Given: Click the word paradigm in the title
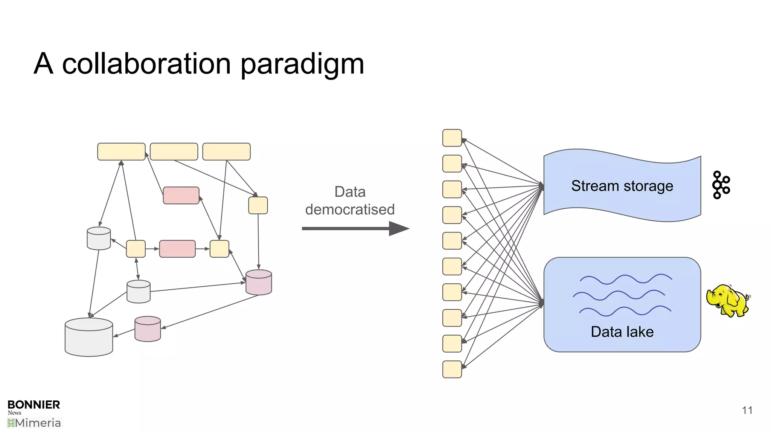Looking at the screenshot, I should [302, 64].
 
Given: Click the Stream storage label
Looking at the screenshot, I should [622, 186].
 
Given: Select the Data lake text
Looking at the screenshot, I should [622, 332].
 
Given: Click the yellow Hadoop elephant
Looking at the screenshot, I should [727, 301].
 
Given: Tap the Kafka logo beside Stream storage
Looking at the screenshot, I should [721, 185].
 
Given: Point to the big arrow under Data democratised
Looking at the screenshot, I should [355, 228].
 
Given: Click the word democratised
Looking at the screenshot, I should [350, 209].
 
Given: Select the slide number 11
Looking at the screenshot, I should [747, 410].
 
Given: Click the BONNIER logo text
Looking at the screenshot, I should [34, 405].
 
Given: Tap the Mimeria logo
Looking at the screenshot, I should [34, 423].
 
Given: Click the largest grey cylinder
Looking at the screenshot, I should [89, 337].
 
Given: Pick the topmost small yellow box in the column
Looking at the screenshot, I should [452, 138].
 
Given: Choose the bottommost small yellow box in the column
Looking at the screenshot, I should [452, 369].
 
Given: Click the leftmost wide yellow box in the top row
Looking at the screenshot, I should [121, 151].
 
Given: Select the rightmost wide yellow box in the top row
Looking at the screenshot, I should [226, 151].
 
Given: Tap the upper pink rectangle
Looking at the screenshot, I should [181, 196].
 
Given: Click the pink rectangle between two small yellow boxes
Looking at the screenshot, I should [177, 249].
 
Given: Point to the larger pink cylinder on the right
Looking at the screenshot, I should [259, 282].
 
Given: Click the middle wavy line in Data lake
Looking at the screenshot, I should [619, 295].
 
